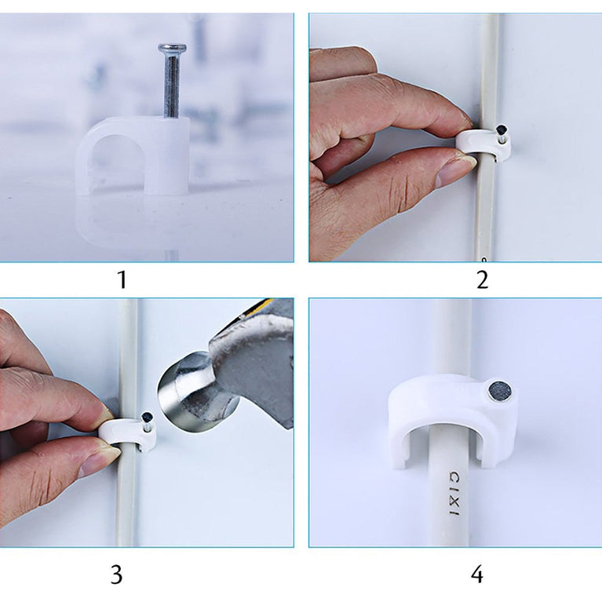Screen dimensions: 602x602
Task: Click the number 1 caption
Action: [x=122, y=279]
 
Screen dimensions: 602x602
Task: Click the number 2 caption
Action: [x=482, y=279]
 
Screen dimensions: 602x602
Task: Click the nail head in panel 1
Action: [x=172, y=49]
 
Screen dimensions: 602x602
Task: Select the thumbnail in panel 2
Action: [x=455, y=168]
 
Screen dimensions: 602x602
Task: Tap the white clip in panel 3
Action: [x=129, y=432]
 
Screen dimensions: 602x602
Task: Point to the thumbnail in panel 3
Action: [x=98, y=459]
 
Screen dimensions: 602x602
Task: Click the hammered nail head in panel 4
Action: [x=497, y=390]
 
